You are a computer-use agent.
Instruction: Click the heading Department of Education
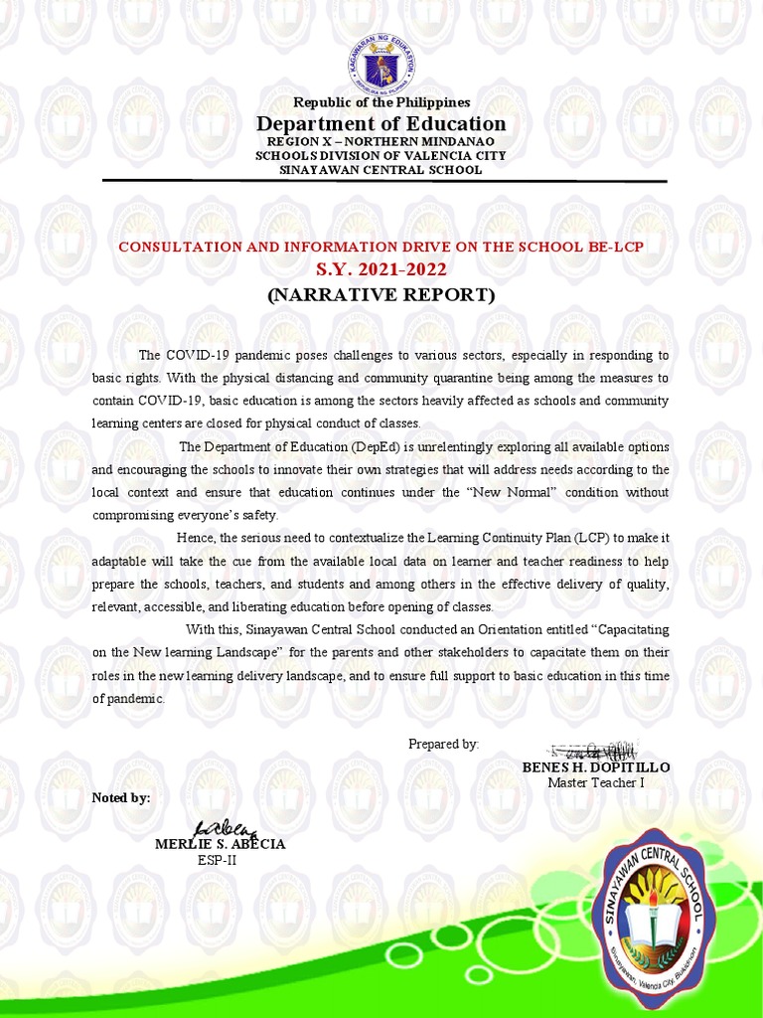click(x=381, y=124)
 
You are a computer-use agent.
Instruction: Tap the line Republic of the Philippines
click(x=381, y=102)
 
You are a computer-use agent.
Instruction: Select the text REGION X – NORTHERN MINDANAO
click(x=381, y=142)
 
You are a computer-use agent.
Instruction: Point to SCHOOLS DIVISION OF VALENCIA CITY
click(x=381, y=156)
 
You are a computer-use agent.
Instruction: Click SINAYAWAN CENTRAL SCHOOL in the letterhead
click(x=381, y=170)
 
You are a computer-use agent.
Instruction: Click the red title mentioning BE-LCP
click(x=381, y=246)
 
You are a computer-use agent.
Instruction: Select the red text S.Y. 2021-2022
click(x=381, y=269)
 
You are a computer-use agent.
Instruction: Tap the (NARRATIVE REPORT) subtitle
click(x=381, y=294)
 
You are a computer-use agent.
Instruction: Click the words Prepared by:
click(x=443, y=744)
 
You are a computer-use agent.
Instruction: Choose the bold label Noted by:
click(x=120, y=797)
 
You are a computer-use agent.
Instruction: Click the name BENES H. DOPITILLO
click(x=596, y=767)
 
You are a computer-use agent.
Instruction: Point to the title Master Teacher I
click(x=596, y=783)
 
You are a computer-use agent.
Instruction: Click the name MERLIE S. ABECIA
click(x=220, y=844)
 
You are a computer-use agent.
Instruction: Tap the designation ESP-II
click(x=218, y=860)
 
